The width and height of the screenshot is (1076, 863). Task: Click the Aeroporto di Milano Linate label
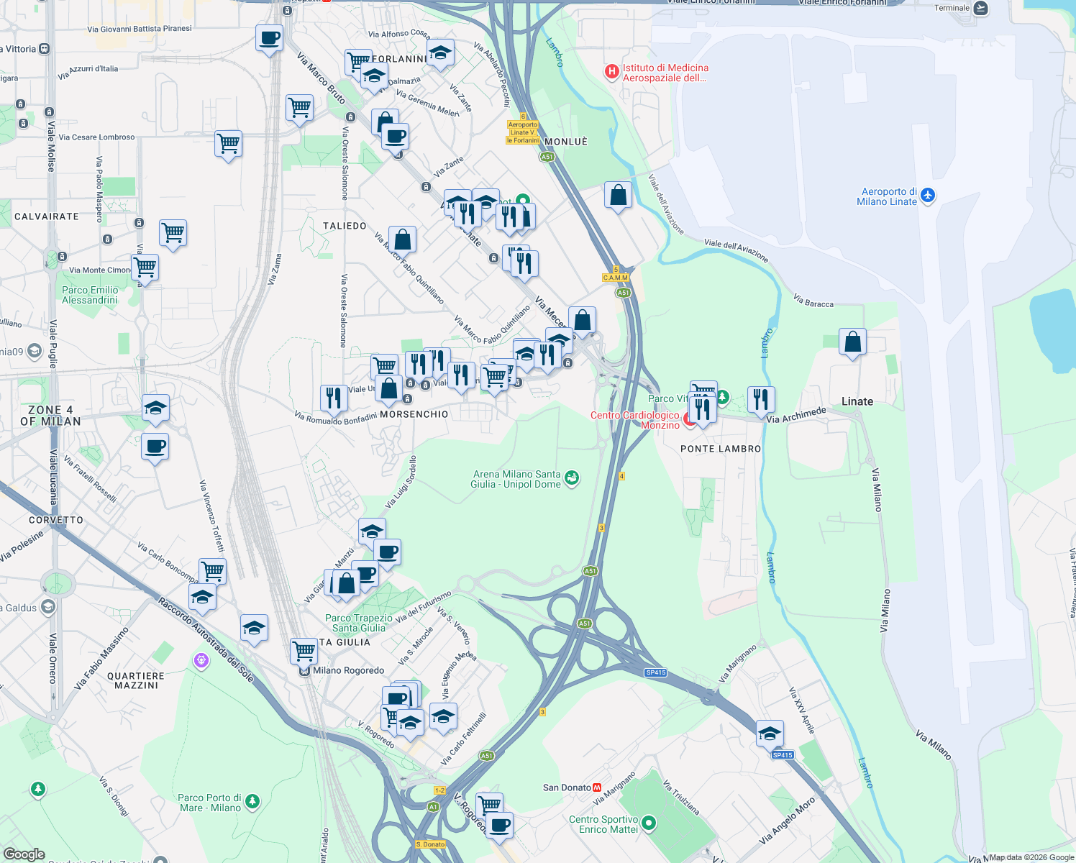pos(889,196)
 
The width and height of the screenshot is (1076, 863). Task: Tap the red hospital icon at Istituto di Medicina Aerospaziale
pos(611,71)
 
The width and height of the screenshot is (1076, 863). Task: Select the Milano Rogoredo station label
pos(348,670)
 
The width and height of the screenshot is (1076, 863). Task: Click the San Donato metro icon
pos(597,787)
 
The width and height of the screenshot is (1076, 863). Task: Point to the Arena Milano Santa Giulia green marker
pos(572,478)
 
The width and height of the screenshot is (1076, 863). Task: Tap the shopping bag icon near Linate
pos(852,342)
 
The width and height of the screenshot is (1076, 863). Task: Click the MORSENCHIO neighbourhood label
pos(414,414)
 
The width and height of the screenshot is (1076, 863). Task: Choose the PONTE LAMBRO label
pos(720,449)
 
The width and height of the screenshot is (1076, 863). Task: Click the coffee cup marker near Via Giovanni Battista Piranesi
pos(269,38)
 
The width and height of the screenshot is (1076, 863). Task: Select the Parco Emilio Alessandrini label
pos(90,295)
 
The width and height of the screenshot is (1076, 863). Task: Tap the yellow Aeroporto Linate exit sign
pos(523,132)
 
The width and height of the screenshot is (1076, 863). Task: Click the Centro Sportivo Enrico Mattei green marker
pos(649,823)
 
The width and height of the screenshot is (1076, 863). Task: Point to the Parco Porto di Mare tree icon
pos(252,800)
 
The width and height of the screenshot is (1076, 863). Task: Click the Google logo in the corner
pos(24,854)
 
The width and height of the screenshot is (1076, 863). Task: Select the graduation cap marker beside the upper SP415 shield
pos(770,734)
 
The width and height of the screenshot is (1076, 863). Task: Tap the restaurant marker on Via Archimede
pos(761,399)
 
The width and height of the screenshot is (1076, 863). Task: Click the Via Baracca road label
pos(813,301)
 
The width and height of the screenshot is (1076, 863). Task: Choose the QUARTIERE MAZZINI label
pos(136,680)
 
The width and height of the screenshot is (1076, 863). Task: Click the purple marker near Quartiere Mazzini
pos(201,660)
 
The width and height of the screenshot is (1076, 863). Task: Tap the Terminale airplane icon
pos(980,8)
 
